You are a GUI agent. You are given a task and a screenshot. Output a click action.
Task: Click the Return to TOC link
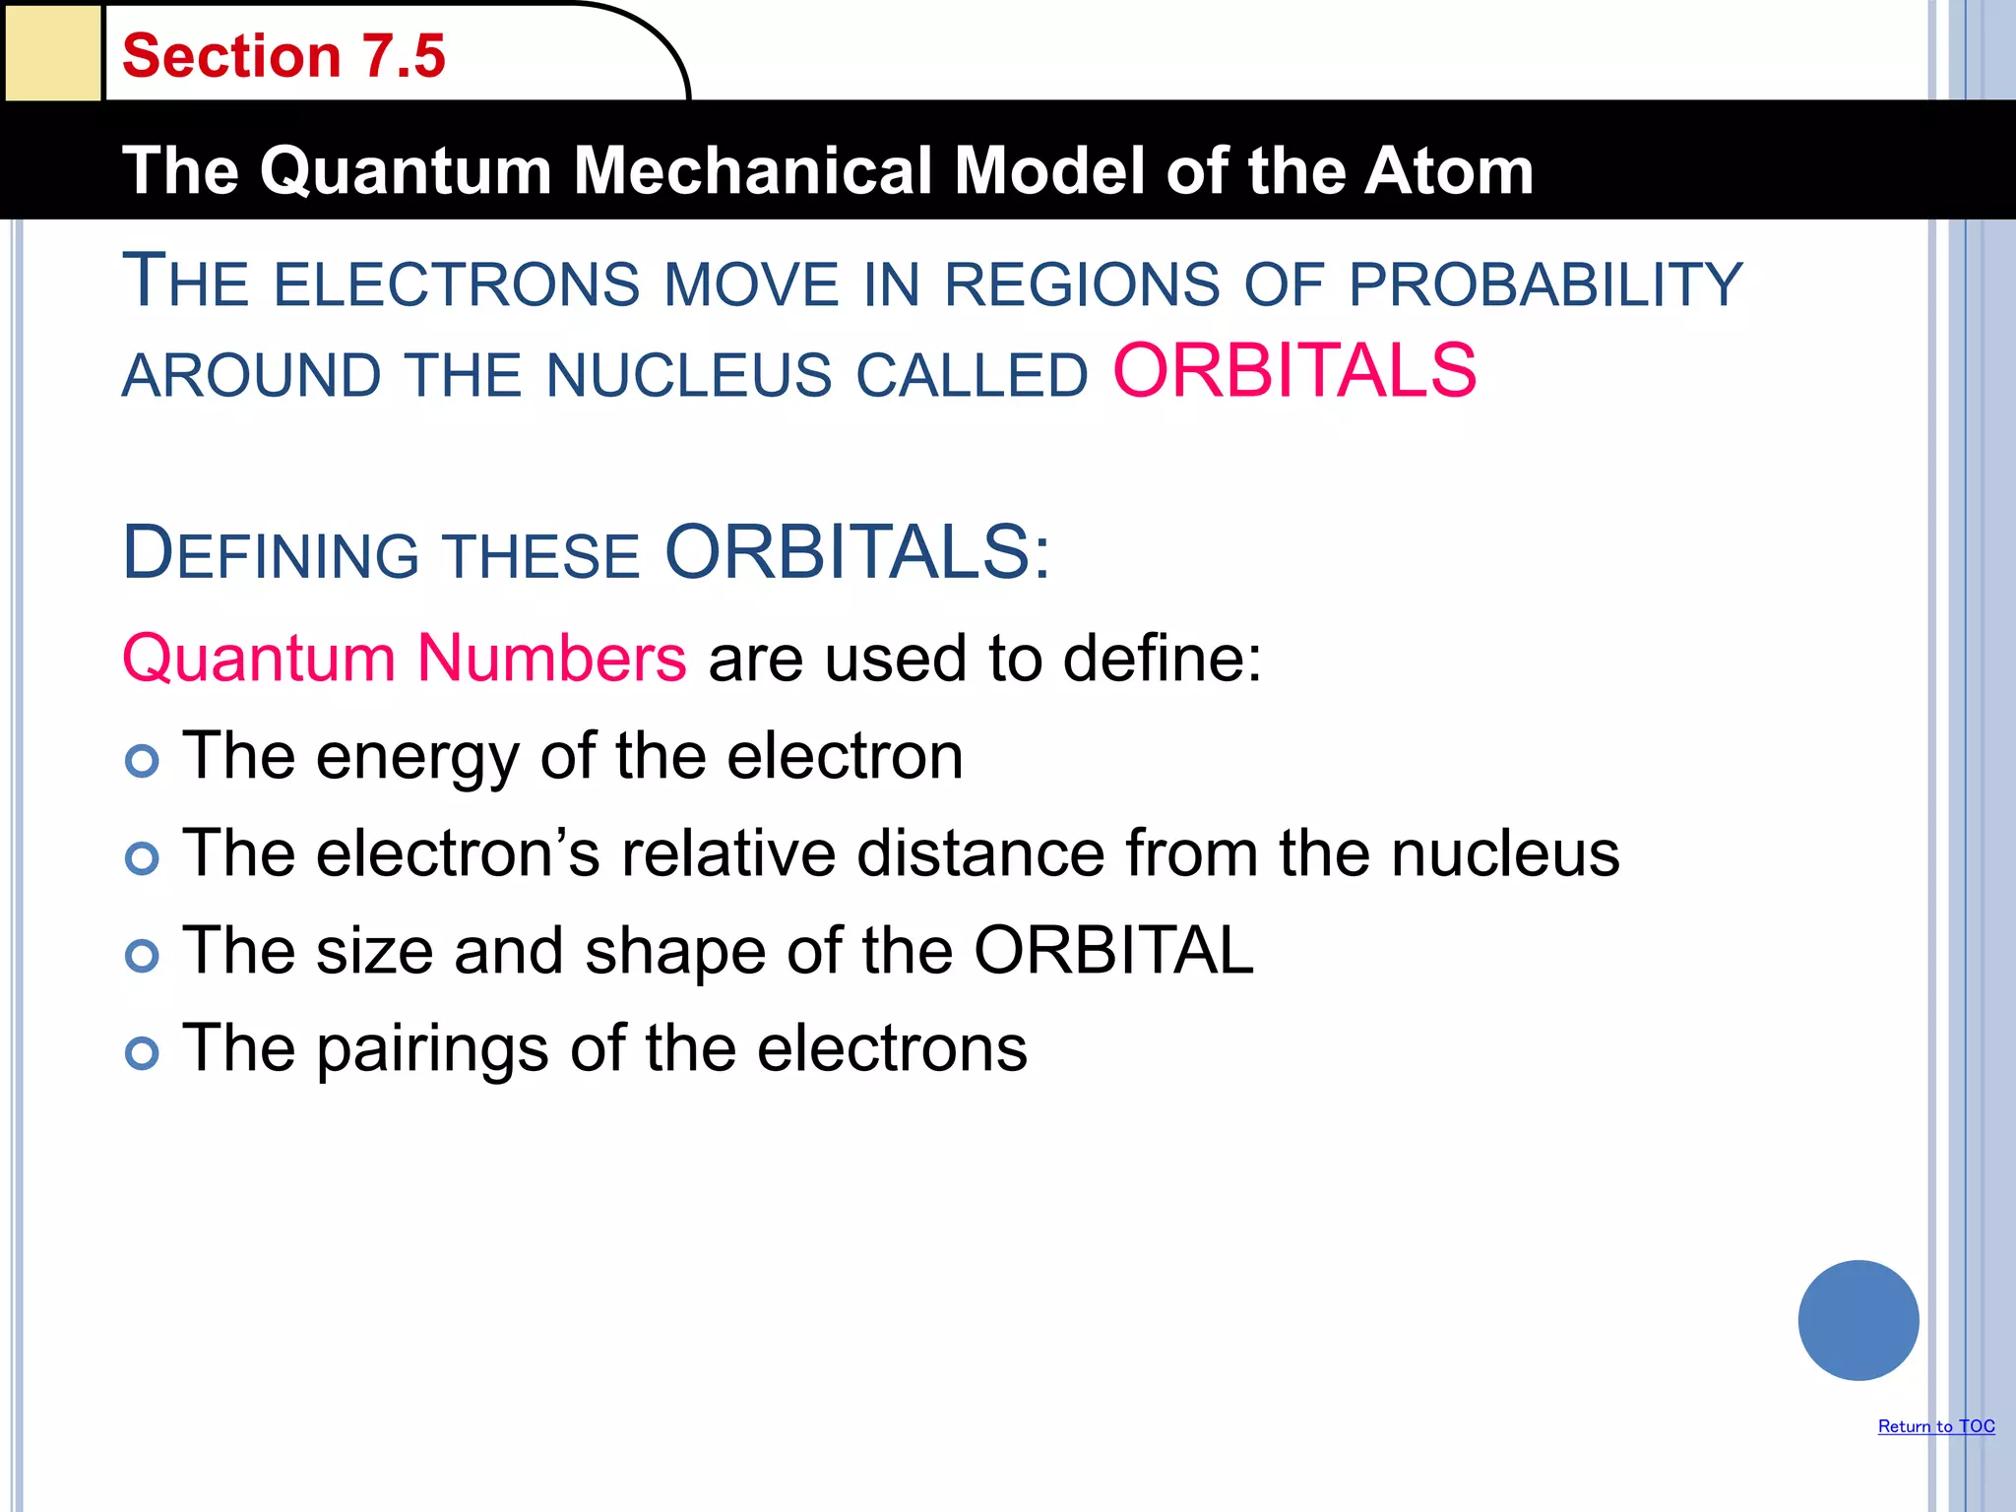[1935, 1426]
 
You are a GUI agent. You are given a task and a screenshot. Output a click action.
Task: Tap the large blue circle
[1858, 1320]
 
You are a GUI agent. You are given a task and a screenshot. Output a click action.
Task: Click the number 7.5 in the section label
[404, 56]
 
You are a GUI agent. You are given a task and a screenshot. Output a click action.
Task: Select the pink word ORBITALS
[1294, 371]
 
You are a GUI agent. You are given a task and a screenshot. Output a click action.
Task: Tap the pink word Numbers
[551, 658]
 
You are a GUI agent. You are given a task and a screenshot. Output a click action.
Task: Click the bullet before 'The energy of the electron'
[142, 760]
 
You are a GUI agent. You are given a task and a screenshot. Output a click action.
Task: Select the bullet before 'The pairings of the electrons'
[142, 1052]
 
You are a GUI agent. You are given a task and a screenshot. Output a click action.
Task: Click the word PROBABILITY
[1545, 285]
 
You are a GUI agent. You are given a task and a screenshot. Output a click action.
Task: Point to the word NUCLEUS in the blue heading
[689, 376]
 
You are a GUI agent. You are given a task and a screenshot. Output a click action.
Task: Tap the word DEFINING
[271, 553]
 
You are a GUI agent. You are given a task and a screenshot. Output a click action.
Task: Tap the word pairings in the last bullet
[433, 1049]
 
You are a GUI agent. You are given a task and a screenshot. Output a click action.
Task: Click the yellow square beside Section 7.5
[52, 52]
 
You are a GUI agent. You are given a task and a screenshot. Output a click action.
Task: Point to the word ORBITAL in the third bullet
[1113, 951]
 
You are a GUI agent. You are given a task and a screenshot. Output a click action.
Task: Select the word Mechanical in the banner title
[753, 171]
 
